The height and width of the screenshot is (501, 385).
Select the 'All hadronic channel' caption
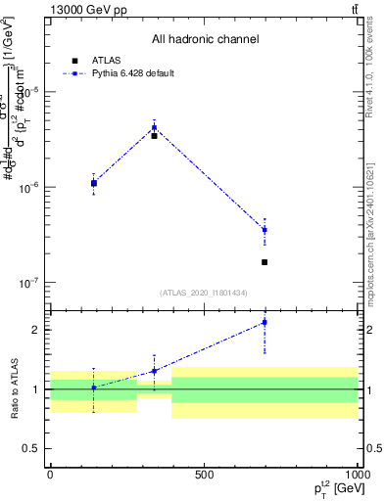(x=205, y=40)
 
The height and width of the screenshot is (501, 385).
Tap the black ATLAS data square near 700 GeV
(x=265, y=262)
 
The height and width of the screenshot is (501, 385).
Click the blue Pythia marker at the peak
(x=154, y=127)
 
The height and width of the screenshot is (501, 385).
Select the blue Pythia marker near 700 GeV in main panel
(x=265, y=230)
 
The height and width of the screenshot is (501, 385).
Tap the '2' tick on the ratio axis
(x=35, y=330)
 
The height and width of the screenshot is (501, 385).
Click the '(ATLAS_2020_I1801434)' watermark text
(x=205, y=293)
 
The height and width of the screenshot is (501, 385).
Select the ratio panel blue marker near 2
(x=265, y=322)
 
